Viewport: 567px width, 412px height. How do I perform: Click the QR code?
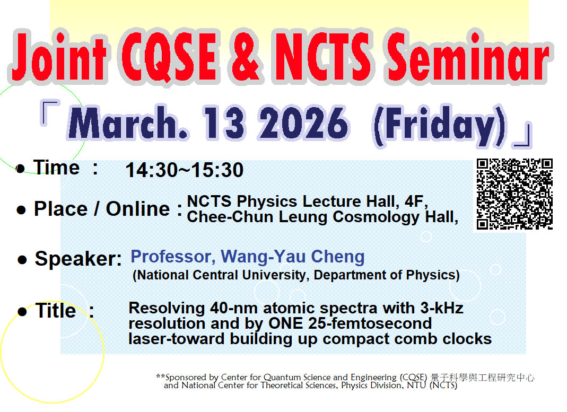click(514, 194)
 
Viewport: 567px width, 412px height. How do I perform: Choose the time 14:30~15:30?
click(184, 170)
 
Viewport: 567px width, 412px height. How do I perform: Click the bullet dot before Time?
click(21, 169)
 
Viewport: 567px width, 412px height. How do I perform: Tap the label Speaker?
click(78, 259)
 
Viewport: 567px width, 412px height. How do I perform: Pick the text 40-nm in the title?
click(232, 308)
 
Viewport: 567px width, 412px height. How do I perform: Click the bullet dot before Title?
click(22, 311)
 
